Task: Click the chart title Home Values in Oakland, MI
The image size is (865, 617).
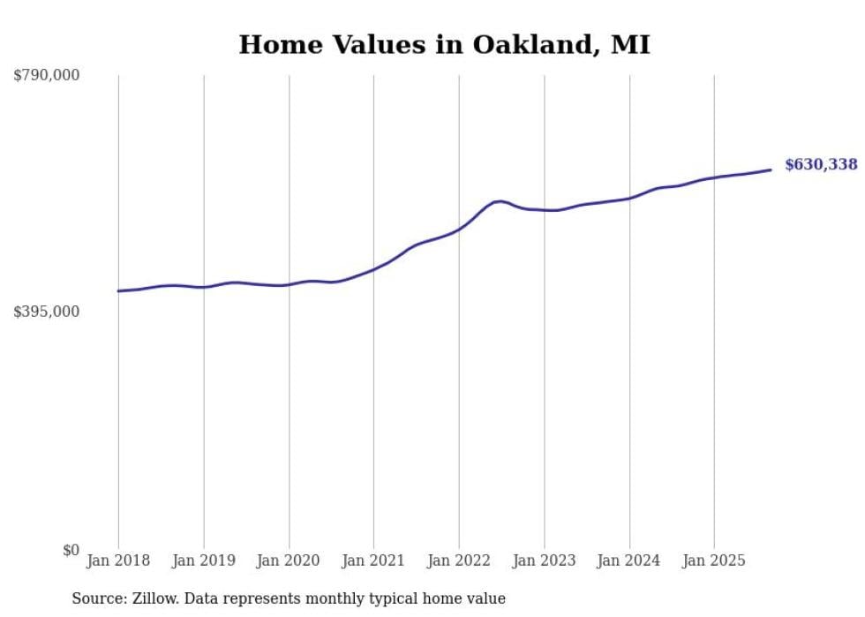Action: tap(444, 45)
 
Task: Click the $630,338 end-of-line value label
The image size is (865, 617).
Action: tap(820, 164)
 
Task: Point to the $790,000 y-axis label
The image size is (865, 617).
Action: tap(47, 76)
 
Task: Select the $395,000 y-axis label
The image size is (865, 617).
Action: tap(47, 312)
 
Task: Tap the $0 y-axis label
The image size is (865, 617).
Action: tap(71, 550)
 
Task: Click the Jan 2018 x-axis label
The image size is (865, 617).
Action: tap(118, 561)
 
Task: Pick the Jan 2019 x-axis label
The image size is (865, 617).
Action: tap(204, 561)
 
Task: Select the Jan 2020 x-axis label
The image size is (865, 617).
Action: tap(289, 561)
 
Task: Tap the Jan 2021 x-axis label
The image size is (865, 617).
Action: tap(373, 561)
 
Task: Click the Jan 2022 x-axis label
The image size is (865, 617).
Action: tap(459, 561)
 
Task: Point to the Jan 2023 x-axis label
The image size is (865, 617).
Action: tap(544, 561)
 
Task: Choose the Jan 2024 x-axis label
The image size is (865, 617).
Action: tap(629, 561)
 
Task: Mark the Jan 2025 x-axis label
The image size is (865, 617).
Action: tap(714, 561)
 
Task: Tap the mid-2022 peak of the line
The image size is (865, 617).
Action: tap(500, 201)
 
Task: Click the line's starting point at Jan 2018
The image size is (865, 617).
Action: tap(118, 290)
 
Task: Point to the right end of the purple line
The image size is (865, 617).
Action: tap(771, 169)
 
